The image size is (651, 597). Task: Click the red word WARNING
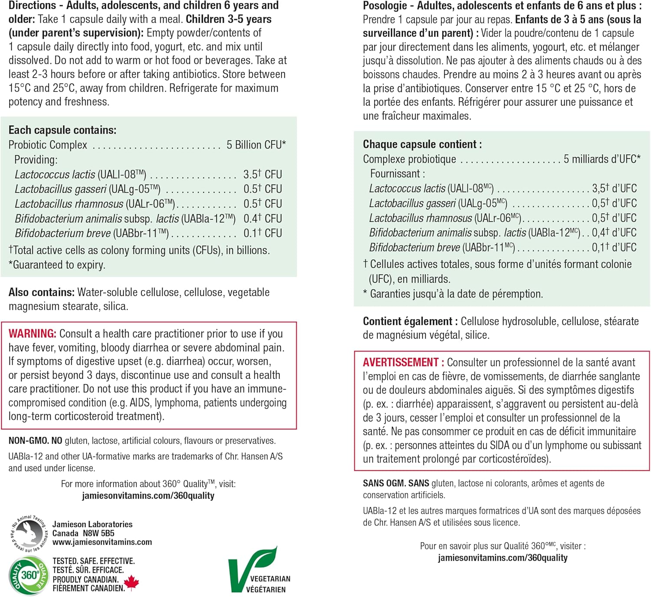tap(32, 333)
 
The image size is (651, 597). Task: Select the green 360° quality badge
tap(29, 575)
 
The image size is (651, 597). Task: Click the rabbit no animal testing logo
tap(29, 533)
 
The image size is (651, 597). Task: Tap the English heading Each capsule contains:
tap(62, 130)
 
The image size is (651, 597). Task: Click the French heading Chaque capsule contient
tap(422, 144)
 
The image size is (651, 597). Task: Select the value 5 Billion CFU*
tap(256, 145)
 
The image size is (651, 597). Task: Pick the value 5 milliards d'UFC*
tap(602, 159)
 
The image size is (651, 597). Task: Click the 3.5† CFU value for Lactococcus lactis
tap(263, 174)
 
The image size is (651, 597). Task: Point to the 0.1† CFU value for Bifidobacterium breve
tap(263, 233)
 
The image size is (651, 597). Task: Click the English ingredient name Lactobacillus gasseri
tap(60, 189)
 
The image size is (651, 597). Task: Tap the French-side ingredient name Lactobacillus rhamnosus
tap(420, 218)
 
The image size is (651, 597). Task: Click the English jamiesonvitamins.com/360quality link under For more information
tap(148, 496)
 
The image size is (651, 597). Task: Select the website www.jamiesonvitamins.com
tap(102, 542)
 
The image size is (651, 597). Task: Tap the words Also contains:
tap(41, 292)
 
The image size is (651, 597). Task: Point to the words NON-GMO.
tap(29, 440)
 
